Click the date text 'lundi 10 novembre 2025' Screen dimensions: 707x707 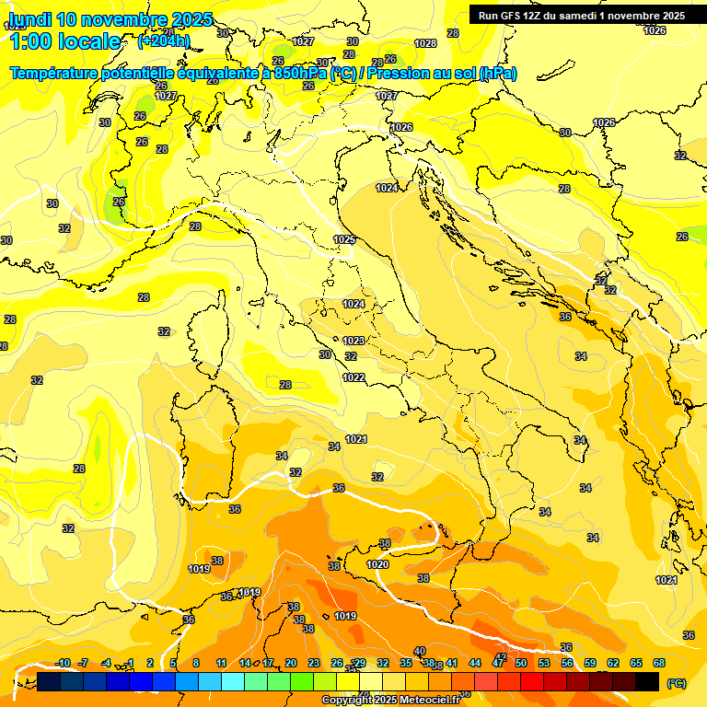tap(110, 19)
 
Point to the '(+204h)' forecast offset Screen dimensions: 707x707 tap(163, 41)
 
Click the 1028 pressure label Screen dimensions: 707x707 tap(425, 43)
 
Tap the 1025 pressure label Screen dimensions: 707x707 tap(344, 239)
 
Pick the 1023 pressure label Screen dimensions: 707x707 tap(353, 341)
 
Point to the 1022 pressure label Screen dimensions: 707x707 tap(353, 377)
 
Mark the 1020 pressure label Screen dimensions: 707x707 tap(377, 564)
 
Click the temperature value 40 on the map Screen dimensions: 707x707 tap(420, 651)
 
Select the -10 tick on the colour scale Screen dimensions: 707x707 tap(64, 663)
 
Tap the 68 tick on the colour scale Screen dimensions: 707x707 tap(659, 663)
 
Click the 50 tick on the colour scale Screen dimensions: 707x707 tap(521, 663)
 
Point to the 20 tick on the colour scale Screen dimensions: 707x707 tap(291, 663)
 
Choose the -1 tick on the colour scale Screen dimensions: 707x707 tap(130, 663)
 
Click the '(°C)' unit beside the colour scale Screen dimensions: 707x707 tap(676, 683)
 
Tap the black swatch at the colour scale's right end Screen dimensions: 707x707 tap(647, 681)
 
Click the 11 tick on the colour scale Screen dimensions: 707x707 tap(222, 663)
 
